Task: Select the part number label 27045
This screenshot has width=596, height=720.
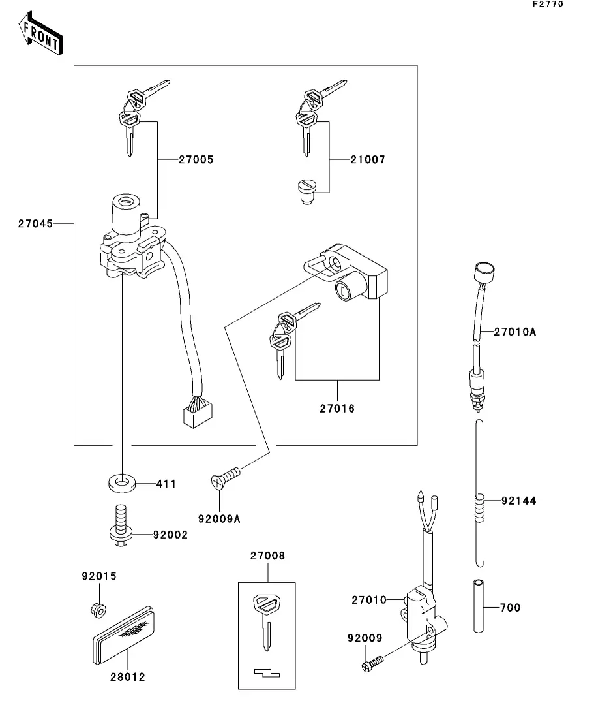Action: pos(35,223)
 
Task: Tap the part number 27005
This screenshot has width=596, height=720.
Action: pos(196,159)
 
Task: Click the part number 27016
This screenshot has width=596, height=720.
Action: pos(337,409)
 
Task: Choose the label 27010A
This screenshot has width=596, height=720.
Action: pos(514,332)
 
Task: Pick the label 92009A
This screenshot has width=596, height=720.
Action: pos(219,520)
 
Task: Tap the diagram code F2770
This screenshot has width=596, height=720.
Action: pos(548,4)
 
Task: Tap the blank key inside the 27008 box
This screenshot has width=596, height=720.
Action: pos(265,620)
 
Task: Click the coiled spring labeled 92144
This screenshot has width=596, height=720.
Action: pos(480,509)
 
